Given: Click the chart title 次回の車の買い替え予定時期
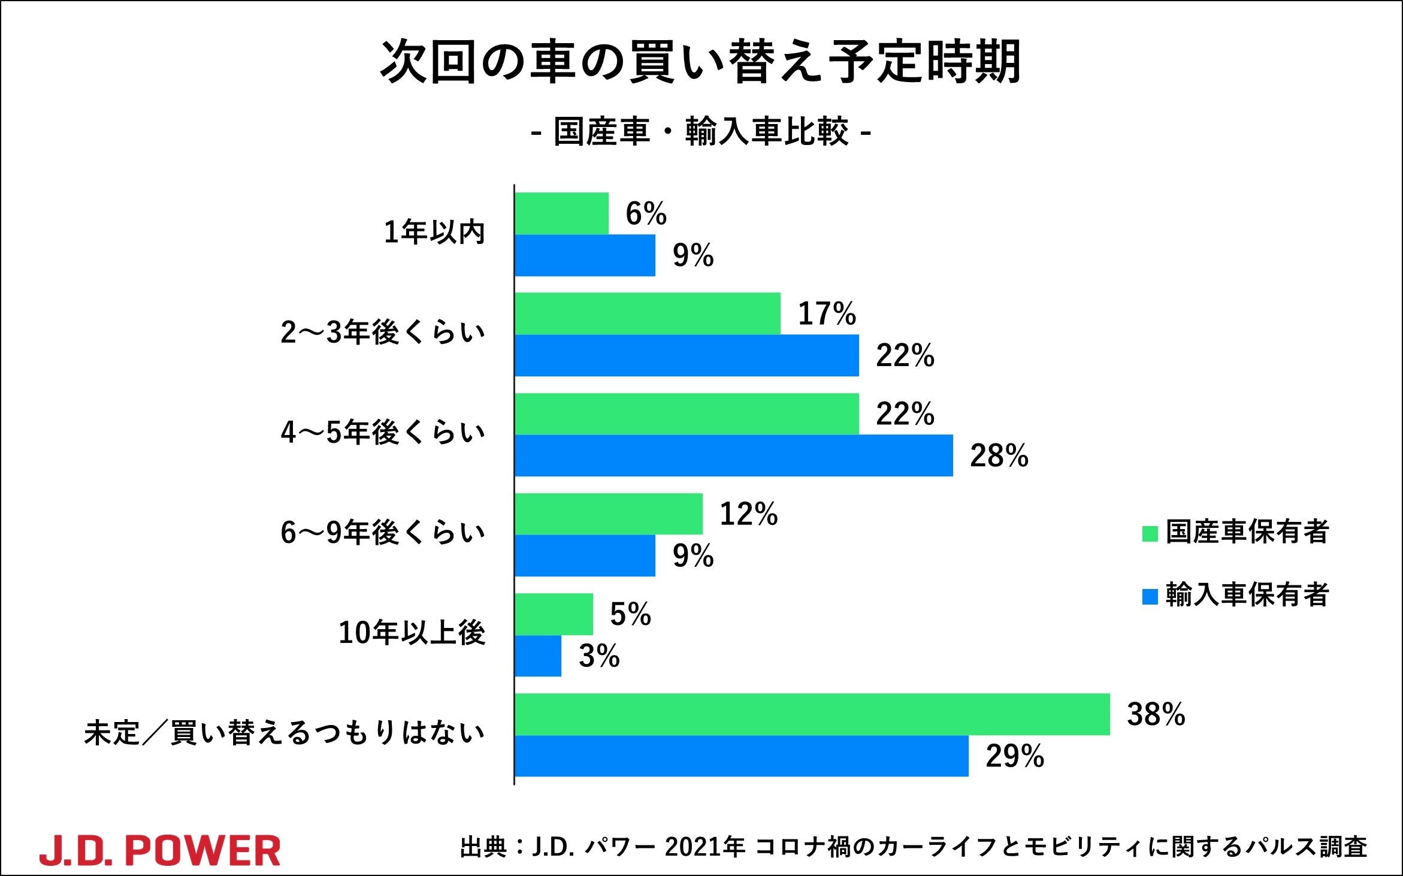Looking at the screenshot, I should point(700,62).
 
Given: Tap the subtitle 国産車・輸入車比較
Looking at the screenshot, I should point(700,132).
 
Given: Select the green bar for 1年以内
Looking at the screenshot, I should point(561,213).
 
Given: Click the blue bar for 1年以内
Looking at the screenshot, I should point(585,255).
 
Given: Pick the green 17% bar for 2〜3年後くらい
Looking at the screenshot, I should point(648,313).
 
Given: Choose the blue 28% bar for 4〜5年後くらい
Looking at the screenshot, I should point(734,455).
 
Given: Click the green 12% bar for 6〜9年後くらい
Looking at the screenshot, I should point(609,514).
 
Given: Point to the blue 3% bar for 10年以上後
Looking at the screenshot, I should point(538,656).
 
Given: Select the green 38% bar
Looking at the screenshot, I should point(812,714).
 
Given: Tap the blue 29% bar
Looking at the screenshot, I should point(742,756).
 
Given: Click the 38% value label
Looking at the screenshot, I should point(1156,714).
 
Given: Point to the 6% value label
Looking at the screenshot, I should point(646,214).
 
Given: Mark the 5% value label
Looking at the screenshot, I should point(630,614).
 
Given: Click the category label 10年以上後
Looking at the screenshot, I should point(412,633).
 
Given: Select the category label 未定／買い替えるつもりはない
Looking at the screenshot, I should point(284,733).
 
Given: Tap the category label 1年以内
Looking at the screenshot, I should point(434,232).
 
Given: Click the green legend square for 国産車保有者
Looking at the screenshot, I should point(1150,533).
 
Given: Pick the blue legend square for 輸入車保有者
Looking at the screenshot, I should point(1150,596).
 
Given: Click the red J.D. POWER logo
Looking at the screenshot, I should point(160,850).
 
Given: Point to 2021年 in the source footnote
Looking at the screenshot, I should point(704,847).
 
